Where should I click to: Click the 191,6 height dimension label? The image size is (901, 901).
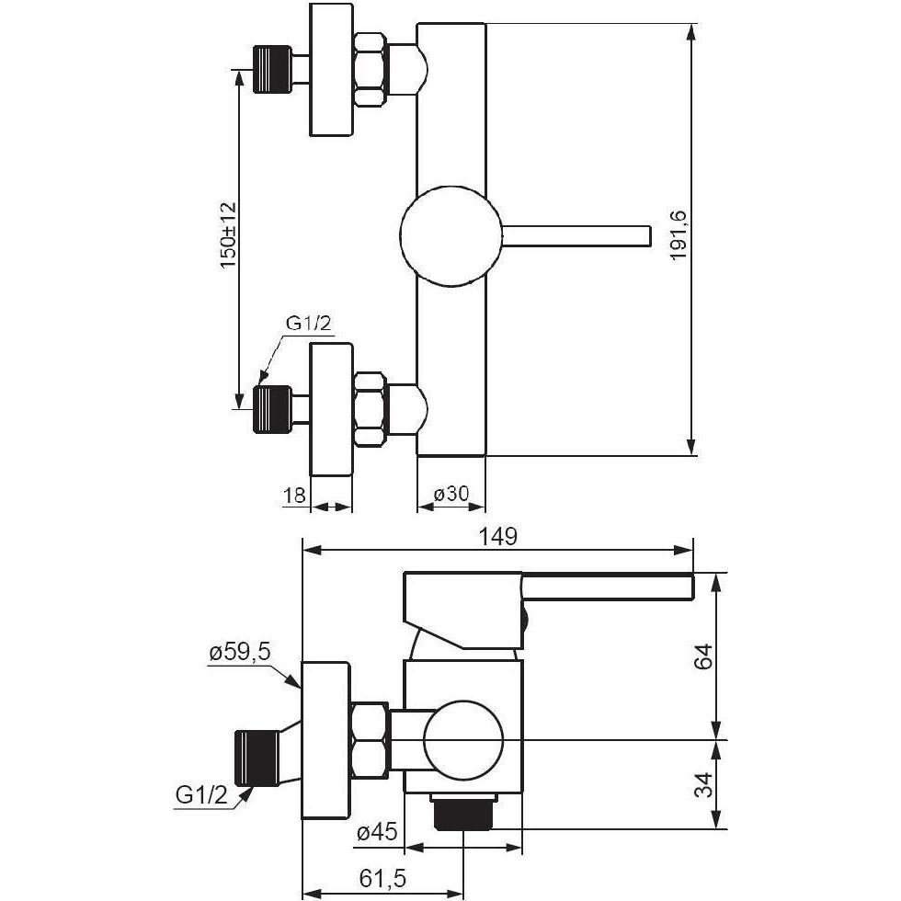679,235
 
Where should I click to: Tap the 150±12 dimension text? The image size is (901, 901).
228,235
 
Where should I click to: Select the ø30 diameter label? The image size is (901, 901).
451,493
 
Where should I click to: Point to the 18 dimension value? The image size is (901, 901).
295,495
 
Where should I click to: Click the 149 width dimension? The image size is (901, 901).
497,536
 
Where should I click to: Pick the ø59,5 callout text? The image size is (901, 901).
240,653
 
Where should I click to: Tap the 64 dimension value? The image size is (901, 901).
704,656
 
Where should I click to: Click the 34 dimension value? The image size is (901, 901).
704,784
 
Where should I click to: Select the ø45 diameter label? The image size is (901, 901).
377,832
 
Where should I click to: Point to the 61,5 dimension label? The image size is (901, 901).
382,877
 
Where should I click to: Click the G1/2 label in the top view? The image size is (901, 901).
309,324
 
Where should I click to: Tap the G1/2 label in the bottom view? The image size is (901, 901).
201,795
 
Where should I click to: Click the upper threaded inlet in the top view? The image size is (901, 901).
272,69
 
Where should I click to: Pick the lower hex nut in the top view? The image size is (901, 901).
370,408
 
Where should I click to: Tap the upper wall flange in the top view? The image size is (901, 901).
331,70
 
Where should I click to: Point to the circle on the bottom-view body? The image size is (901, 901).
463,740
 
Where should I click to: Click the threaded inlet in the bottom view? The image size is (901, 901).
257,758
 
